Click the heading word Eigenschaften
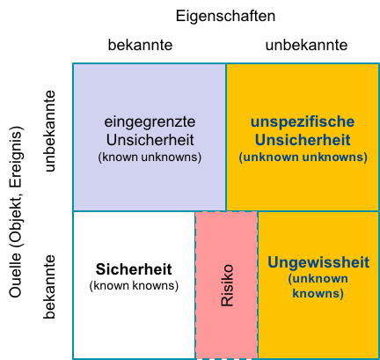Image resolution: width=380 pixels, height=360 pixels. (x=225, y=17)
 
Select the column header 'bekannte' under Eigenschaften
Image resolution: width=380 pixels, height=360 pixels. (x=140, y=45)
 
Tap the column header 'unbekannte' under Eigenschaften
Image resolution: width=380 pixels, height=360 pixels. (x=306, y=45)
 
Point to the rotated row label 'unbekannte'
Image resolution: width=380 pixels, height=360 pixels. (x=49, y=131)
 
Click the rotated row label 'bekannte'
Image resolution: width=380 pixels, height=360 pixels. (x=49, y=287)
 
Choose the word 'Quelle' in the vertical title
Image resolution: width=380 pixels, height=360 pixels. (x=16, y=275)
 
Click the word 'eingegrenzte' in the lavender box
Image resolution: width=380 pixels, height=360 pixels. (x=150, y=122)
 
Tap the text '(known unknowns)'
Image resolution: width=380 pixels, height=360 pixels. (x=150, y=157)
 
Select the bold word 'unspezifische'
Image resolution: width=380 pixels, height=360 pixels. (x=303, y=122)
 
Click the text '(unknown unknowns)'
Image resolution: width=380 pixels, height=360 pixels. (x=303, y=157)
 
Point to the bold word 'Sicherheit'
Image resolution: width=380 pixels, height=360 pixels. (x=134, y=269)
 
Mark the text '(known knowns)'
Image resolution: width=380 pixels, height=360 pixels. (x=134, y=285)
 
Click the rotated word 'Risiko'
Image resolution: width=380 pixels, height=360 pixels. (x=227, y=285)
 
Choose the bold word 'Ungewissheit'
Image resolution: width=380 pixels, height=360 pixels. (x=318, y=262)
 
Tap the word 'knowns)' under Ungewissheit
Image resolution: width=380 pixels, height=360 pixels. (x=318, y=293)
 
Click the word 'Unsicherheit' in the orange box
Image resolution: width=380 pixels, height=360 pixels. (x=303, y=140)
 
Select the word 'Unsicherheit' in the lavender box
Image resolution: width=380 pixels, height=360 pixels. (x=150, y=140)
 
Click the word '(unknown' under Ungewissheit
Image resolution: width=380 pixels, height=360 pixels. (x=318, y=278)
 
